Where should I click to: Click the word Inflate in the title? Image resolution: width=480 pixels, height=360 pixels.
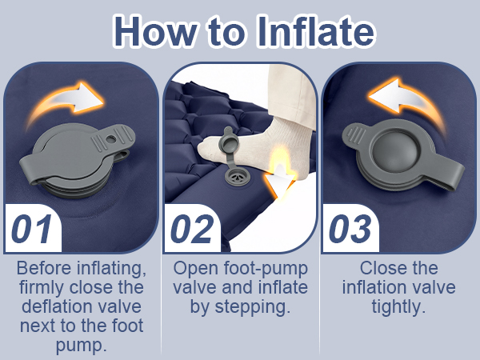click(x=315, y=31)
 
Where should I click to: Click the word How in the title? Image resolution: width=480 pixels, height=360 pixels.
click(x=155, y=31)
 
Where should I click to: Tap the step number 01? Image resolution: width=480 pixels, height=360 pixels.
click(x=31, y=229)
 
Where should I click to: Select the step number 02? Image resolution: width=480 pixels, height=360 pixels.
click(x=192, y=229)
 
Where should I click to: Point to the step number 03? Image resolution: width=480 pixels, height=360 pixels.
click(x=350, y=229)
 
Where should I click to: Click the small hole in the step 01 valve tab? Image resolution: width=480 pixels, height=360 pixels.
click(x=111, y=139)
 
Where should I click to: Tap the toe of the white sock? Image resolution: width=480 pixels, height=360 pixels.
click(x=205, y=147)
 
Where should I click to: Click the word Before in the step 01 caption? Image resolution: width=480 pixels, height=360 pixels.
click(x=45, y=268)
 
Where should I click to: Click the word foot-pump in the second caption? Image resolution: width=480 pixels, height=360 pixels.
click(x=266, y=269)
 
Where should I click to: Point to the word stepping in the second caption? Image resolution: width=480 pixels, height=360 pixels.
click(x=252, y=307)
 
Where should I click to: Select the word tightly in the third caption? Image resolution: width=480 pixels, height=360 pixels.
click(x=398, y=307)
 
